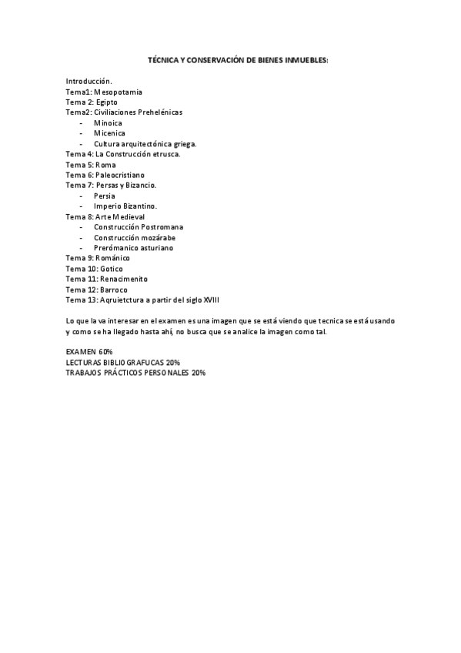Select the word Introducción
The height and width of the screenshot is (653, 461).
tap(89, 81)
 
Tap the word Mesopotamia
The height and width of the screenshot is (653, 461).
tap(118, 92)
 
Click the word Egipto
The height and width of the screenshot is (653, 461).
tap(107, 102)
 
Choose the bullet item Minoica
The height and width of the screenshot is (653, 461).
tap(108, 122)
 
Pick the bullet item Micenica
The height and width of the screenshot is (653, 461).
tap(109, 133)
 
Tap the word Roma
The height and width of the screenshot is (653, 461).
tap(105, 165)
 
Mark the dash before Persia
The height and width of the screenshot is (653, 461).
tap(81, 196)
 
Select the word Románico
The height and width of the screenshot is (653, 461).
tap(113, 258)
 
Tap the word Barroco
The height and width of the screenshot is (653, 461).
tap(112, 290)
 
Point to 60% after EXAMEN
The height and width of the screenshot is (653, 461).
tap(105, 351)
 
